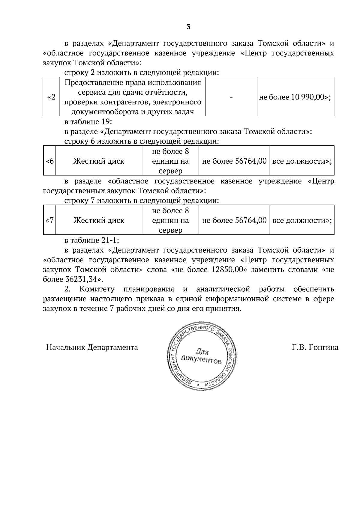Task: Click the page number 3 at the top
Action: (188, 27)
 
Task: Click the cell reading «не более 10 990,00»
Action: (295, 97)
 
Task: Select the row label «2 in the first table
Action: (51, 97)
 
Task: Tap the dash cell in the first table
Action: (231, 97)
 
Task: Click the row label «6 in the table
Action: (50, 161)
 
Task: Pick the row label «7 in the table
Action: (50, 221)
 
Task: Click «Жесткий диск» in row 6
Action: (99, 161)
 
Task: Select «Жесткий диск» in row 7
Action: (99, 221)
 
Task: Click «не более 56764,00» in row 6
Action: (234, 161)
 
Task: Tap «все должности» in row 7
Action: (302, 221)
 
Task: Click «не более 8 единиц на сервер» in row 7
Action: (170, 221)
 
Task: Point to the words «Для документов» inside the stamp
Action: (201, 356)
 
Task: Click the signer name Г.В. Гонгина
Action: (315, 347)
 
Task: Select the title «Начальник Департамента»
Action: (92, 347)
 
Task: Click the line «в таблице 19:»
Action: (88, 122)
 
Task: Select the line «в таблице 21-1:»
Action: (92, 240)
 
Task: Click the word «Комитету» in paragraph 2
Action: (97, 289)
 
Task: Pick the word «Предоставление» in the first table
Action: (90, 82)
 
